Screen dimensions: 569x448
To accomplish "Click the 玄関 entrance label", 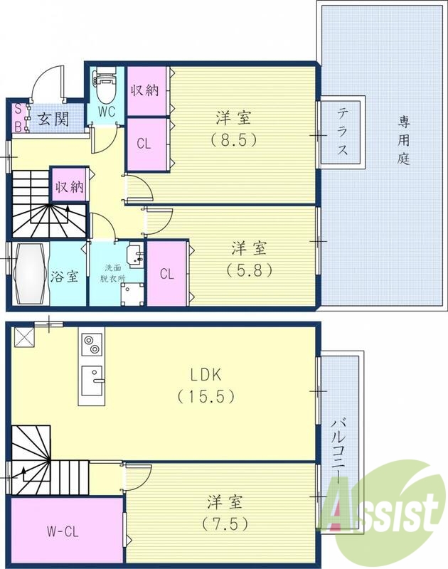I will (53, 119).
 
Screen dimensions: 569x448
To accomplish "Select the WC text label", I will (107, 112).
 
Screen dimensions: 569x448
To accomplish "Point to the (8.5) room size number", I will (234, 139).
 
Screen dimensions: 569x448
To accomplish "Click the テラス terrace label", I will (342, 132).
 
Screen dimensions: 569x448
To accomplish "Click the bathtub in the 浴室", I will (26, 275).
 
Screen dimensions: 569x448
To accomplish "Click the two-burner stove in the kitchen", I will (91, 346).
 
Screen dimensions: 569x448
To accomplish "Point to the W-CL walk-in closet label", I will (64, 530).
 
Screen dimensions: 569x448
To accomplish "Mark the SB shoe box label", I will (18, 119).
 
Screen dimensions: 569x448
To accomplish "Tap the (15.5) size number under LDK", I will (207, 396).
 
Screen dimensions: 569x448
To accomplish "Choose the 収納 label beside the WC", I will (147, 90).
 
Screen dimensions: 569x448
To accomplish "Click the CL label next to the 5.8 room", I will (167, 273).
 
